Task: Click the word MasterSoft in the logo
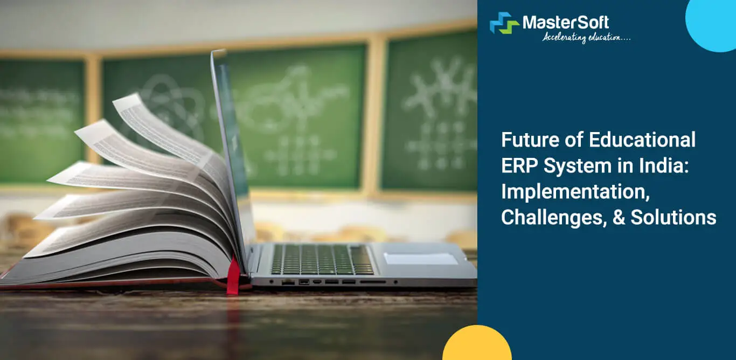click(566, 23)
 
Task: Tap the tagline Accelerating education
click(586, 37)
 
